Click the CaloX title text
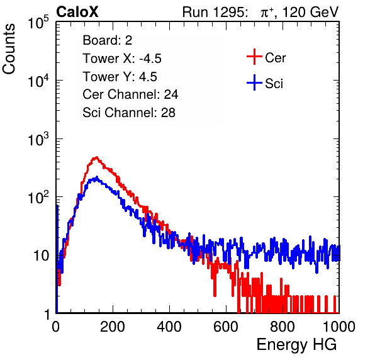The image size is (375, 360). click(x=77, y=12)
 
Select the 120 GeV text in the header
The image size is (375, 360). click(x=311, y=12)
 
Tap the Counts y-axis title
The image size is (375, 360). click(x=9, y=49)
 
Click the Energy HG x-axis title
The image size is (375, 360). click(x=296, y=344)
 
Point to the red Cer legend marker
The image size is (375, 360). click(x=254, y=57)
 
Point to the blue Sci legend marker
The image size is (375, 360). click(x=254, y=82)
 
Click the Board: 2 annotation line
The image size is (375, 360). click(x=108, y=40)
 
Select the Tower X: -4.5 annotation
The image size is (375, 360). click(x=122, y=59)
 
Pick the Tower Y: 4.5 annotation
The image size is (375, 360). click(x=120, y=77)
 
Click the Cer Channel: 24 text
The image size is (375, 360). click(x=130, y=94)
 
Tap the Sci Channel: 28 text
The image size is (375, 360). click(x=129, y=113)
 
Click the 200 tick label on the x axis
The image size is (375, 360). click(x=113, y=327)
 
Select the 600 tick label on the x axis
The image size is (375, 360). click(x=226, y=327)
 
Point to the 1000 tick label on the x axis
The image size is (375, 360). click(x=339, y=327)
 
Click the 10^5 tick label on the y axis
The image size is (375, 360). click(x=38, y=23)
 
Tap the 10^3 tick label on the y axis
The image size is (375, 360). click(x=38, y=139)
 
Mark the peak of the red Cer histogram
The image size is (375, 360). click(x=96, y=157)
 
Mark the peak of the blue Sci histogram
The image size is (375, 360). click(x=97, y=177)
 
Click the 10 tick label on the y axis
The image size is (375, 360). click(x=42, y=256)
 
